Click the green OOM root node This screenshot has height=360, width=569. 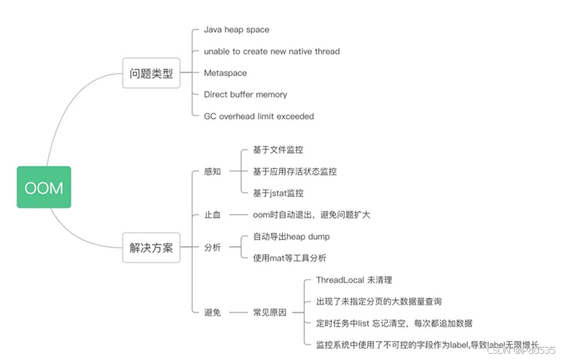(x=43, y=187)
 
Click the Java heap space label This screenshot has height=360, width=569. (x=236, y=29)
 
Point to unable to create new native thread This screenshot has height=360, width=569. (x=271, y=51)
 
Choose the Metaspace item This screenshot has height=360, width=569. (x=225, y=73)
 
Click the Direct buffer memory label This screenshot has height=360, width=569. (x=245, y=95)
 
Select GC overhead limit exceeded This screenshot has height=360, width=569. (x=258, y=116)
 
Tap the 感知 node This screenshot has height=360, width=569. (x=212, y=171)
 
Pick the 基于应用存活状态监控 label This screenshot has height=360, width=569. (x=295, y=171)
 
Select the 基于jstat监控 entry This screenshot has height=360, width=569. (x=278, y=193)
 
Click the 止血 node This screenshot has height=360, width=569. (x=212, y=215)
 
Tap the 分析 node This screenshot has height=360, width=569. (x=212, y=247)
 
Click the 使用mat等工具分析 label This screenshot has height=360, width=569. (x=290, y=258)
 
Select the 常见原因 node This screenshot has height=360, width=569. (x=269, y=312)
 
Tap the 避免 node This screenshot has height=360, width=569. (x=212, y=312)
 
